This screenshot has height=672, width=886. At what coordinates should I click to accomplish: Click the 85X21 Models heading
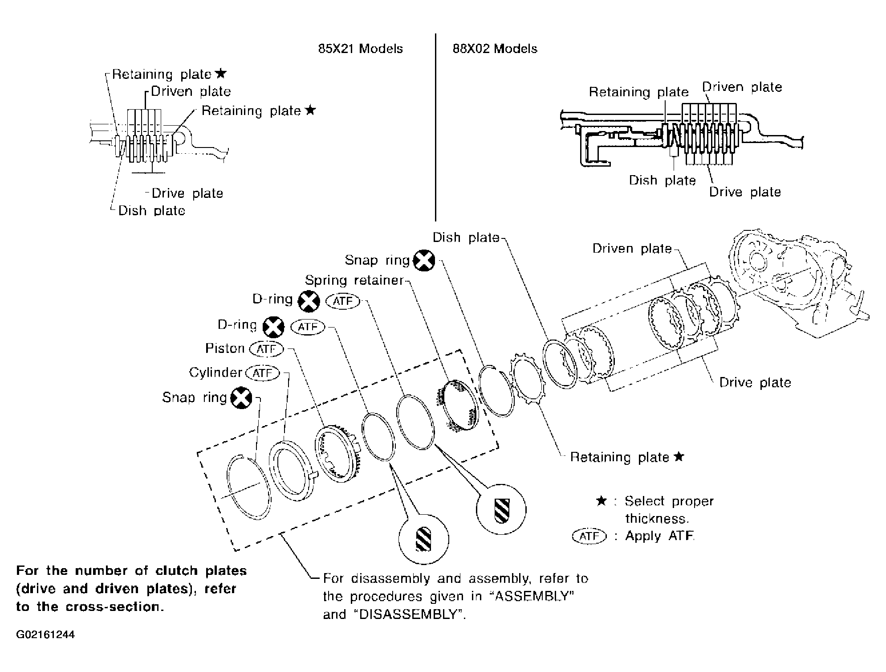pos(360,49)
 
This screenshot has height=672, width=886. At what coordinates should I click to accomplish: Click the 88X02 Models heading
pos(495,49)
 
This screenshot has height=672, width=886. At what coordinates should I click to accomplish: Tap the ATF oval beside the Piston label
pos(267,349)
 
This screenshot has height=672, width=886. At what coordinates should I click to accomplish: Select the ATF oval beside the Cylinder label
pos(263,373)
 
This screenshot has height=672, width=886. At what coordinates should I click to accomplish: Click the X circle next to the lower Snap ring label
pos(241,398)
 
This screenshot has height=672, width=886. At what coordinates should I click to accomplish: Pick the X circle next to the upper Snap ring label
pos(424,260)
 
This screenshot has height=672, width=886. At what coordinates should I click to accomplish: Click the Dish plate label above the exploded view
pos(466,238)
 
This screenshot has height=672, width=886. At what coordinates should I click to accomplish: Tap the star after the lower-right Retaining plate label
pos(679,456)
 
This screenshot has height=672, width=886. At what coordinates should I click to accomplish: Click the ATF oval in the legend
pos(589,536)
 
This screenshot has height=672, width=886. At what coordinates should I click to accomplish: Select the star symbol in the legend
pos(601,501)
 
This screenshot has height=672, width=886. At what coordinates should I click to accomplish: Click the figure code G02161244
pos(45,635)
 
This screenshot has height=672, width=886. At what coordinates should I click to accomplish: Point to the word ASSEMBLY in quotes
pos(532,596)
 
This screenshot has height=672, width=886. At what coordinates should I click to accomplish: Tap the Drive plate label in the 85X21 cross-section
pos(187,193)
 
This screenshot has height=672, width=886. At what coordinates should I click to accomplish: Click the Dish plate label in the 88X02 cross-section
pos(662,180)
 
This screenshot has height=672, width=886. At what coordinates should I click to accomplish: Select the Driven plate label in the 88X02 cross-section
pos(742,87)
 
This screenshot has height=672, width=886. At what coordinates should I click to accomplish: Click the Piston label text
pos(225,348)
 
